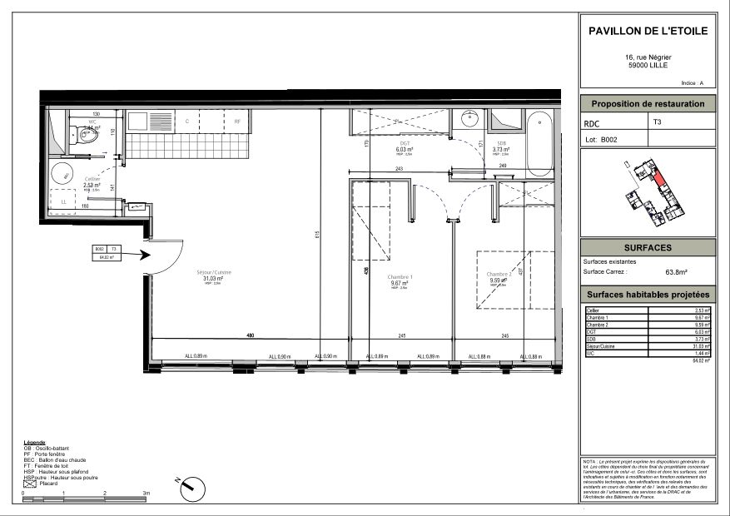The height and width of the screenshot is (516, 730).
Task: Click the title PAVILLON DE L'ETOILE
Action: coord(648,31)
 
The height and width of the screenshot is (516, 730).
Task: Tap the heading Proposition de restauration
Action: coord(648,104)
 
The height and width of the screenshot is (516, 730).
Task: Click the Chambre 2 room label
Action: coord(499,274)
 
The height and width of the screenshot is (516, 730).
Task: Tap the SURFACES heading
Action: coord(648,248)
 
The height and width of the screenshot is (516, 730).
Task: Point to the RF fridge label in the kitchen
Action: coord(237,122)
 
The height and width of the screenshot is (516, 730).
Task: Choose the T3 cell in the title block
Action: coord(658,122)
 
